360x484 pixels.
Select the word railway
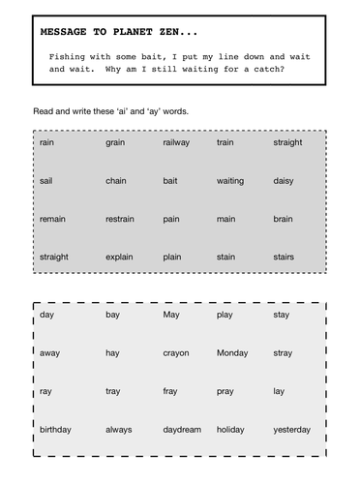pos(176,142)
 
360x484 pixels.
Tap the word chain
pos(116,180)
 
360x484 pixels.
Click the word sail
pos(45,180)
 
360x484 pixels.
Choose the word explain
pos(120,257)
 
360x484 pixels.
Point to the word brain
pos(283,219)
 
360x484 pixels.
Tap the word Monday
pos(232,353)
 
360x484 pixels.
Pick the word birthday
pos(54,429)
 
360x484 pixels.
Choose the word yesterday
pos(291,429)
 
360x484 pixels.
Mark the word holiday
pos(231,429)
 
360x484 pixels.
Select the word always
pos(119,429)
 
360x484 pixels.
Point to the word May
pos(171,316)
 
